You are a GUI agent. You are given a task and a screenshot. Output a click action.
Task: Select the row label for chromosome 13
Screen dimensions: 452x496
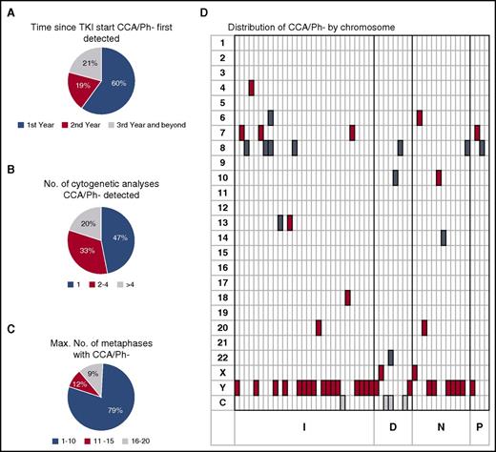(x=221, y=221)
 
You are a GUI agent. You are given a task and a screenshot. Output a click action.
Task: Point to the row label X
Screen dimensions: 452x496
(x=221, y=370)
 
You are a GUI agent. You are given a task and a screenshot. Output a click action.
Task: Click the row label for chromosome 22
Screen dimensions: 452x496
(x=221, y=355)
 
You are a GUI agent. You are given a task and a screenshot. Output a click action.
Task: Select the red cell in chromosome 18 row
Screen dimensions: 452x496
(x=348, y=297)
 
